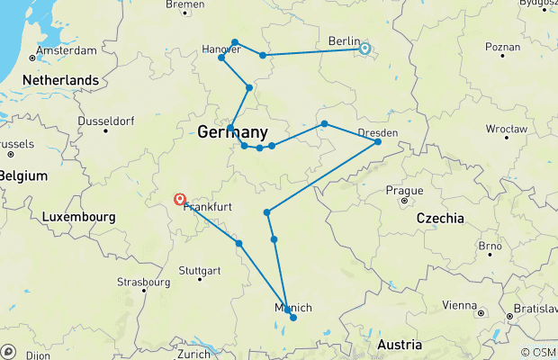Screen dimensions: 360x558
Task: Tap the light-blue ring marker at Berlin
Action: point(364,49)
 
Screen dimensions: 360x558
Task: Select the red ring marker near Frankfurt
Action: point(180,199)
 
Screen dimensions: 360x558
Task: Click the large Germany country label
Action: point(231,131)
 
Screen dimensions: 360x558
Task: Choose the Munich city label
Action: point(292,309)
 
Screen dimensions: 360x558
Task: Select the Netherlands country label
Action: point(54,81)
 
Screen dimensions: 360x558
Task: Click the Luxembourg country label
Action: point(78,217)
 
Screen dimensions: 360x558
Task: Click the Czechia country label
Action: point(440,218)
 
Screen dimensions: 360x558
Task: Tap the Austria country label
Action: point(399,345)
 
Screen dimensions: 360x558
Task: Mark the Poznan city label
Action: point(501,46)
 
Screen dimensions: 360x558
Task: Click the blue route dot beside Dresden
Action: point(378,142)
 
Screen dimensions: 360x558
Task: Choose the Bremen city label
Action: point(186,4)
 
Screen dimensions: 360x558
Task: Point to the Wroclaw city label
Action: point(503,130)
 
